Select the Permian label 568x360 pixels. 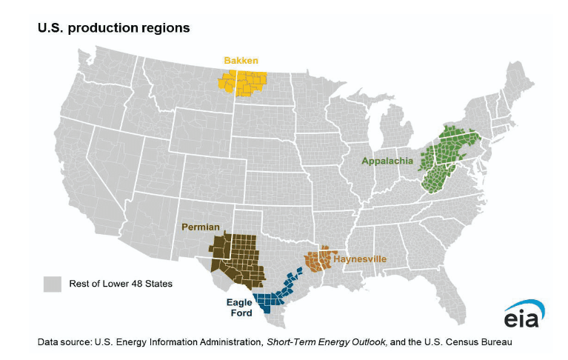pos(202,226)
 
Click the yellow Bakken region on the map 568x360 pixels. pos(242,81)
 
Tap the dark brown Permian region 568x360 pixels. pos(237,259)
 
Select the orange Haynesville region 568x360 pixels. pos(319,261)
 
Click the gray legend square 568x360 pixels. pos(52,284)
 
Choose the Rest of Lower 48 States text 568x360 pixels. pos(121,284)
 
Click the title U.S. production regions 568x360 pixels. pos(114,27)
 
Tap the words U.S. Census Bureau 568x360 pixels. pos(466,342)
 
